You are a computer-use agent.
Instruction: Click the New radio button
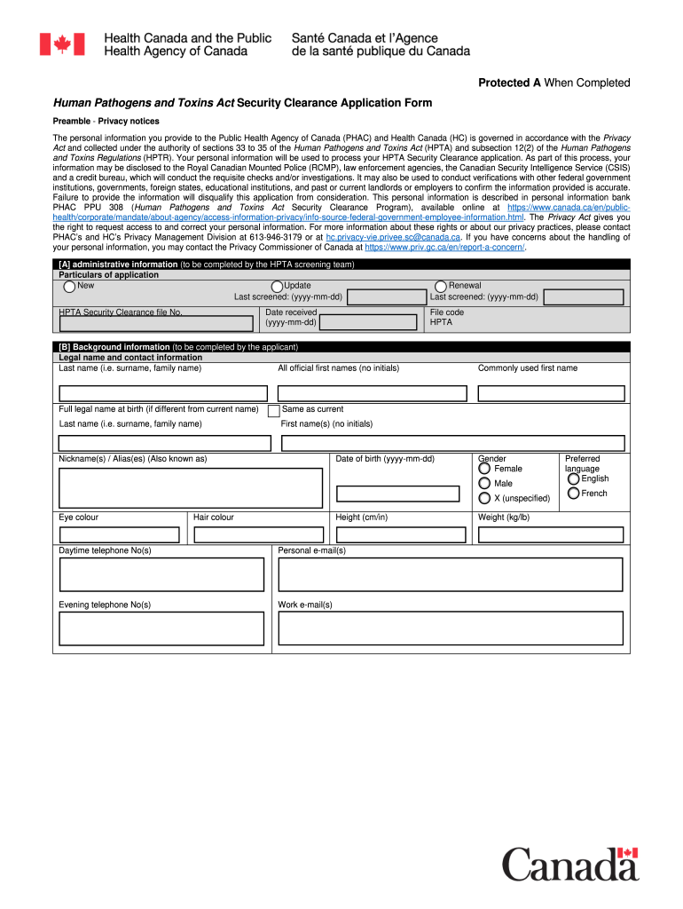[x=69, y=287]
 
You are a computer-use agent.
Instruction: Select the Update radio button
[x=277, y=287]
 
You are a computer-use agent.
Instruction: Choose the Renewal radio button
[x=441, y=287]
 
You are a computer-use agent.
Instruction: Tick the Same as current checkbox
[x=274, y=410]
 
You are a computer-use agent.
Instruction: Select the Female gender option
[x=484, y=469]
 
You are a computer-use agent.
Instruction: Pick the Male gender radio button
[x=484, y=484]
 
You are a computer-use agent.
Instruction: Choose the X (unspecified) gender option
[x=484, y=498]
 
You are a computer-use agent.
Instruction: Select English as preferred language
[x=573, y=479]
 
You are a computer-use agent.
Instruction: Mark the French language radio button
[x=573, y=494]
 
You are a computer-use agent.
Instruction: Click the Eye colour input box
[x=119, y=534]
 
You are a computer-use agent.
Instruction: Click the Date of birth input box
[x=397, y=494]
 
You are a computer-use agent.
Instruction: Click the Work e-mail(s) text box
[x=451, y=628]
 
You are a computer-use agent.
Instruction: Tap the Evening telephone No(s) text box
[x=161, y=628]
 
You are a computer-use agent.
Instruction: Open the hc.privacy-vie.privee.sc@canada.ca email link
[x=392, y=238]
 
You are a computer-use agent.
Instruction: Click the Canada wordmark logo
[x=570, y=864]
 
